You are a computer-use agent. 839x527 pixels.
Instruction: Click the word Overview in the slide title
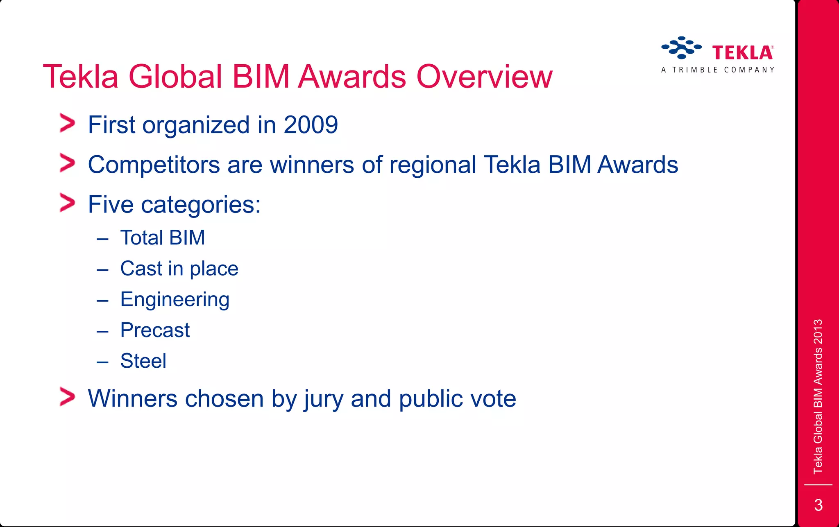(484, 77)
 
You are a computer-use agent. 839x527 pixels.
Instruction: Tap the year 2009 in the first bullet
(311, 125)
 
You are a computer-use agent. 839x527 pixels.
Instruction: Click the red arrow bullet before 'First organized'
(67, 123)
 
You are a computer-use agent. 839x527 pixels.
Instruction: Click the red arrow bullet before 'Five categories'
(67, 203)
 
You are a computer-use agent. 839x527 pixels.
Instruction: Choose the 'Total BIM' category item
(163, 238)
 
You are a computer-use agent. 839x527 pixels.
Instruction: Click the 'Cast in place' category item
(179, 269)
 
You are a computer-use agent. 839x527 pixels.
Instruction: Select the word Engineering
(175, 300)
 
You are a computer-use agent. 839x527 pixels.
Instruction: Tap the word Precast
(155, 330)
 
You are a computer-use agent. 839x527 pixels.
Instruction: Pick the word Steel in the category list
(143, 361)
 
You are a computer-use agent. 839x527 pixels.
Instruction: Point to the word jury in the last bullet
(323, 399)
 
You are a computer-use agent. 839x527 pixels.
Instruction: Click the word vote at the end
(493, 399)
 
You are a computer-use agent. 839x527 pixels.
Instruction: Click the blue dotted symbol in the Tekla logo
(681, 47)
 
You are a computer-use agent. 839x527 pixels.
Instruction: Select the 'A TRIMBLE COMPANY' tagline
(718, 70)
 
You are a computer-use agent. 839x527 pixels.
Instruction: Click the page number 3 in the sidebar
(818, 505)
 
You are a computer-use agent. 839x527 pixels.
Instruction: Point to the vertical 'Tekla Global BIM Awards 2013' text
(818, 396)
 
